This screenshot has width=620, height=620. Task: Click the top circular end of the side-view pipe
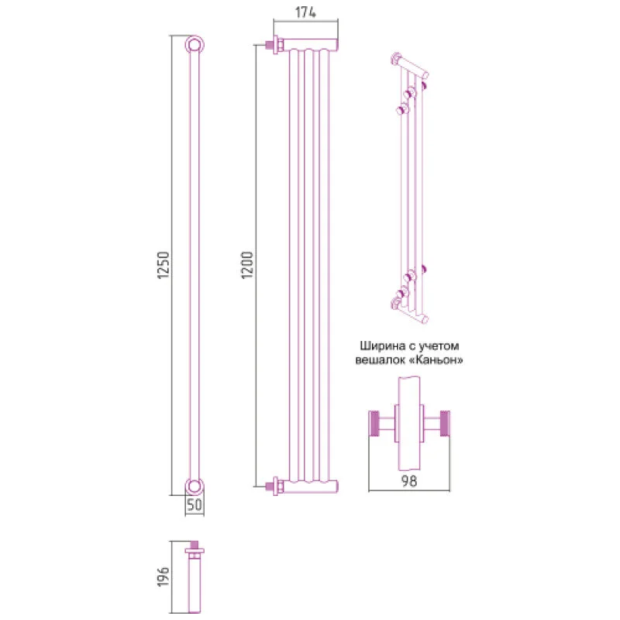pos(194,44)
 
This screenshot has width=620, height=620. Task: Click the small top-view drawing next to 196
pos(194,577)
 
